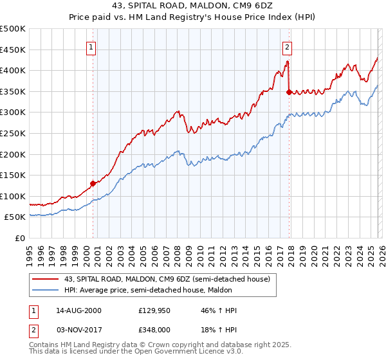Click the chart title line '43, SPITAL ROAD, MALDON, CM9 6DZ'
click(x=192, y=6)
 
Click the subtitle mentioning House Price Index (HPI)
click(x=192, y=17)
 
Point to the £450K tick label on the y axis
click(x=13, y=50)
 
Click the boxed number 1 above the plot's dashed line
click(x=91, y=47)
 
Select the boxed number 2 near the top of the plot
click(x=287, y=47)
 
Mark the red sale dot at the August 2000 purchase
click(x=93, y=183)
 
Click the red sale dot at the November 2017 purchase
click(x=289, y=92)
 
